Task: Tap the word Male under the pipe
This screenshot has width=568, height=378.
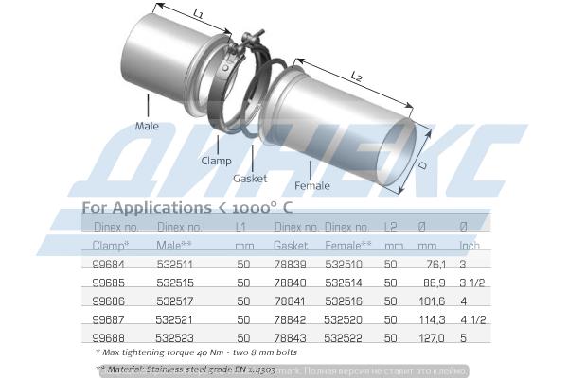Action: (x=147, y=124)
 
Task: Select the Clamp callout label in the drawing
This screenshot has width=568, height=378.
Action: (x=216, y=161)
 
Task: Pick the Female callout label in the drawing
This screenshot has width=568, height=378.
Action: (x=312, y=185)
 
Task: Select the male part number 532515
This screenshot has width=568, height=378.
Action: (x=173, y=282)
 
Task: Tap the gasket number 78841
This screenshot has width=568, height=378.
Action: (x=291, y=300)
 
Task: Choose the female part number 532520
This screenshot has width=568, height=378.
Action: (x=343, y=318)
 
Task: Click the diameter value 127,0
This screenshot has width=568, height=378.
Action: (x=431, y=336)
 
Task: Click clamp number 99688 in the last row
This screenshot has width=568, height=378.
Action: (x=109, y=336)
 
